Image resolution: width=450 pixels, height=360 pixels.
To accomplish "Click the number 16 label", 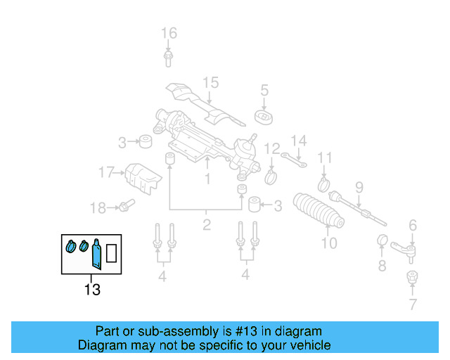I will [169, 33].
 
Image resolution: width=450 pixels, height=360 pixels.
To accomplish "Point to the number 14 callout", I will [300, 141].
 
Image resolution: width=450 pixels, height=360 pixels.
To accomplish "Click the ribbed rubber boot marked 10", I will [320, 210].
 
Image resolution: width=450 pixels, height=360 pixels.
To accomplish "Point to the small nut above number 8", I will [382, 241].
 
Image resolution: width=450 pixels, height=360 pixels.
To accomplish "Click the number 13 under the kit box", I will [92, 289].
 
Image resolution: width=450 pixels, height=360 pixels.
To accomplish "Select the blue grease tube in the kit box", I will [96, 255].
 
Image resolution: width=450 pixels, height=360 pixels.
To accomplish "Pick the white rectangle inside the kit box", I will [112, 252].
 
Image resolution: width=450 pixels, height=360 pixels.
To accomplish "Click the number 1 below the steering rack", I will [207, 180].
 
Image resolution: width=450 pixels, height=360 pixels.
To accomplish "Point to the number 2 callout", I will [206, 225].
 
